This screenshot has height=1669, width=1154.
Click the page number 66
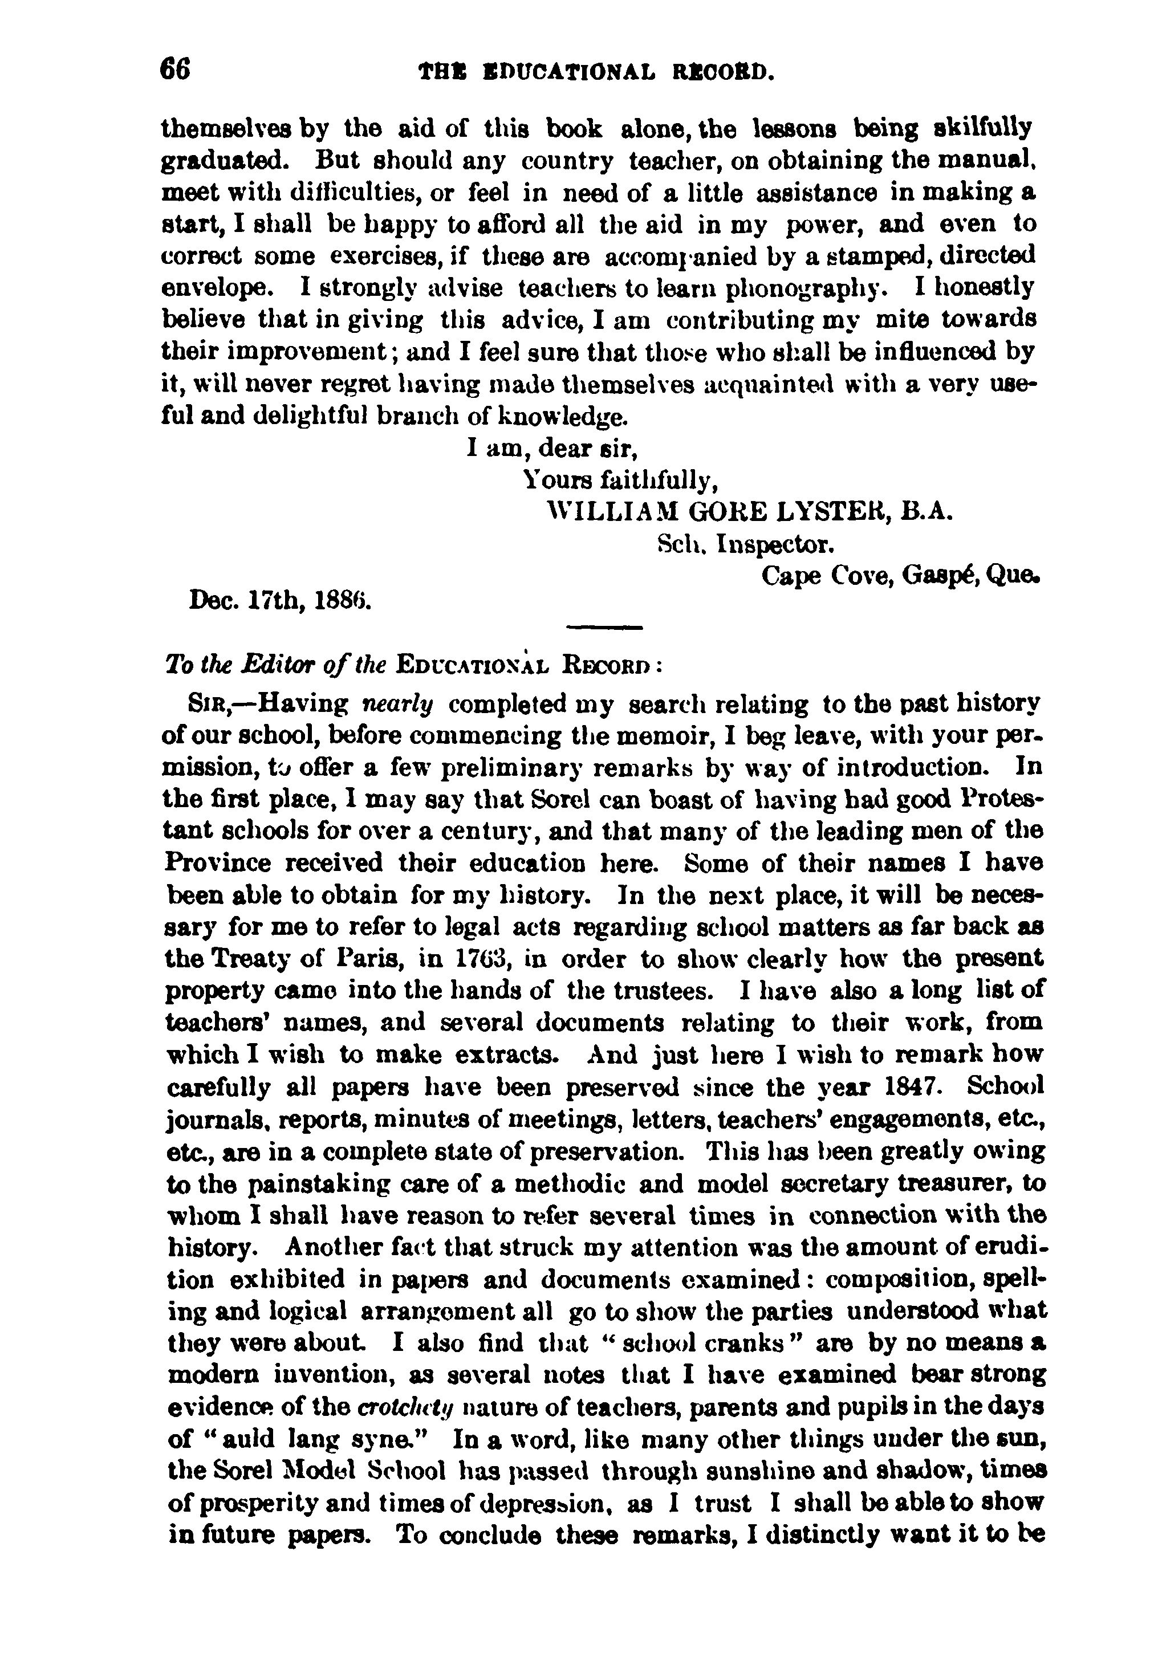175,70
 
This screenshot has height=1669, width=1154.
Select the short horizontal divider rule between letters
604,626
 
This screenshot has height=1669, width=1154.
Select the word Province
218,863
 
